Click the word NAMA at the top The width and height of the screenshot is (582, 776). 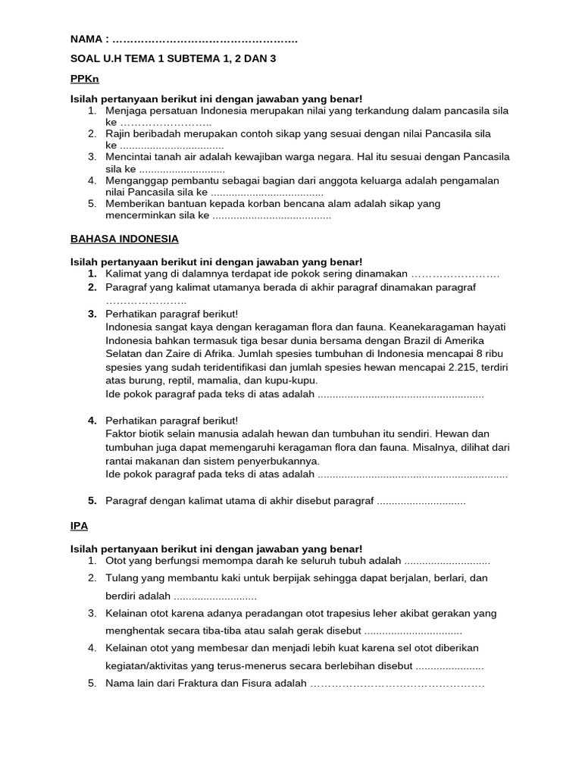point(86,39)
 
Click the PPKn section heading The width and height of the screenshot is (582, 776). point(85,79)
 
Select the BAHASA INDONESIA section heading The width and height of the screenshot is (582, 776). point(124,239)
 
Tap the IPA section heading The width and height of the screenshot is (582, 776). point(79,524)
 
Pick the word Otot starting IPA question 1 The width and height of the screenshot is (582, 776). point(117,561)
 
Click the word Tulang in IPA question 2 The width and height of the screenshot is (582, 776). point(122,578)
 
